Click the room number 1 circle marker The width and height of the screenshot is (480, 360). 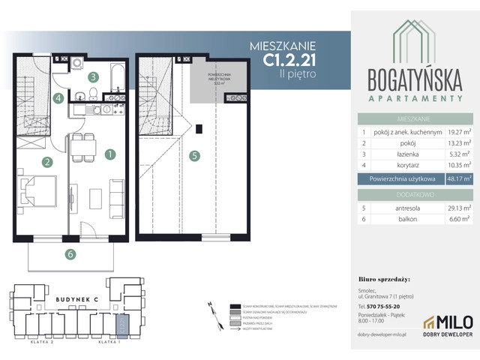click(x=110, y=155)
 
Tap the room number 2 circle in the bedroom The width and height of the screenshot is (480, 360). click(x=46, y=162)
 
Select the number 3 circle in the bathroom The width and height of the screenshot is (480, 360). click(x=92, y=76)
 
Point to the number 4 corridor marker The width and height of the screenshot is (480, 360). click(x=58, y=97)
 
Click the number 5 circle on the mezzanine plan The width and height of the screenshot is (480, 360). click(x=195, y=156)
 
